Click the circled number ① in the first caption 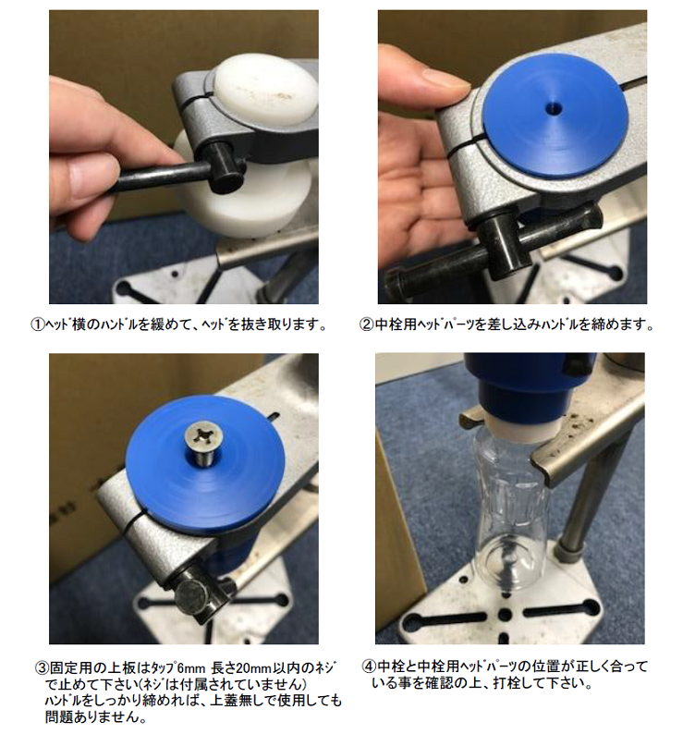tap(37, 324)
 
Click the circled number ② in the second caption tap(366, 324)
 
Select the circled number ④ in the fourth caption tap(370, 667)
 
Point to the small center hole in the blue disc tap(554, 109)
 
